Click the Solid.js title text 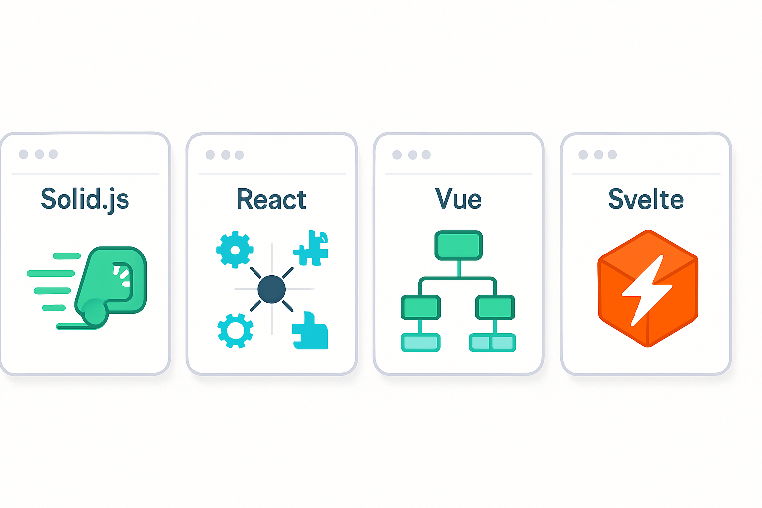[85, 199]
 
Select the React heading [271, 199]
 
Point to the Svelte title [645, 199]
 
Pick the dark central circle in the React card [272, 289]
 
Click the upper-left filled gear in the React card [235, 250]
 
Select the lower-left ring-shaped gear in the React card [235, 330]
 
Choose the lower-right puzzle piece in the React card [311, 332]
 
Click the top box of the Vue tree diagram [458, 245]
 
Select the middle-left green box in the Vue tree [421, 308]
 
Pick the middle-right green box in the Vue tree [495, 308]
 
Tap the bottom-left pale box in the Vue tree [420, 342]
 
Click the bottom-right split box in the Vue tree [493, 342]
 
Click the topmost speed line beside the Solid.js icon [66, 256]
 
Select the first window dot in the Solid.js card [23, 154]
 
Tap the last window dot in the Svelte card [612, 155]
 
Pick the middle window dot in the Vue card [412, 155]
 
